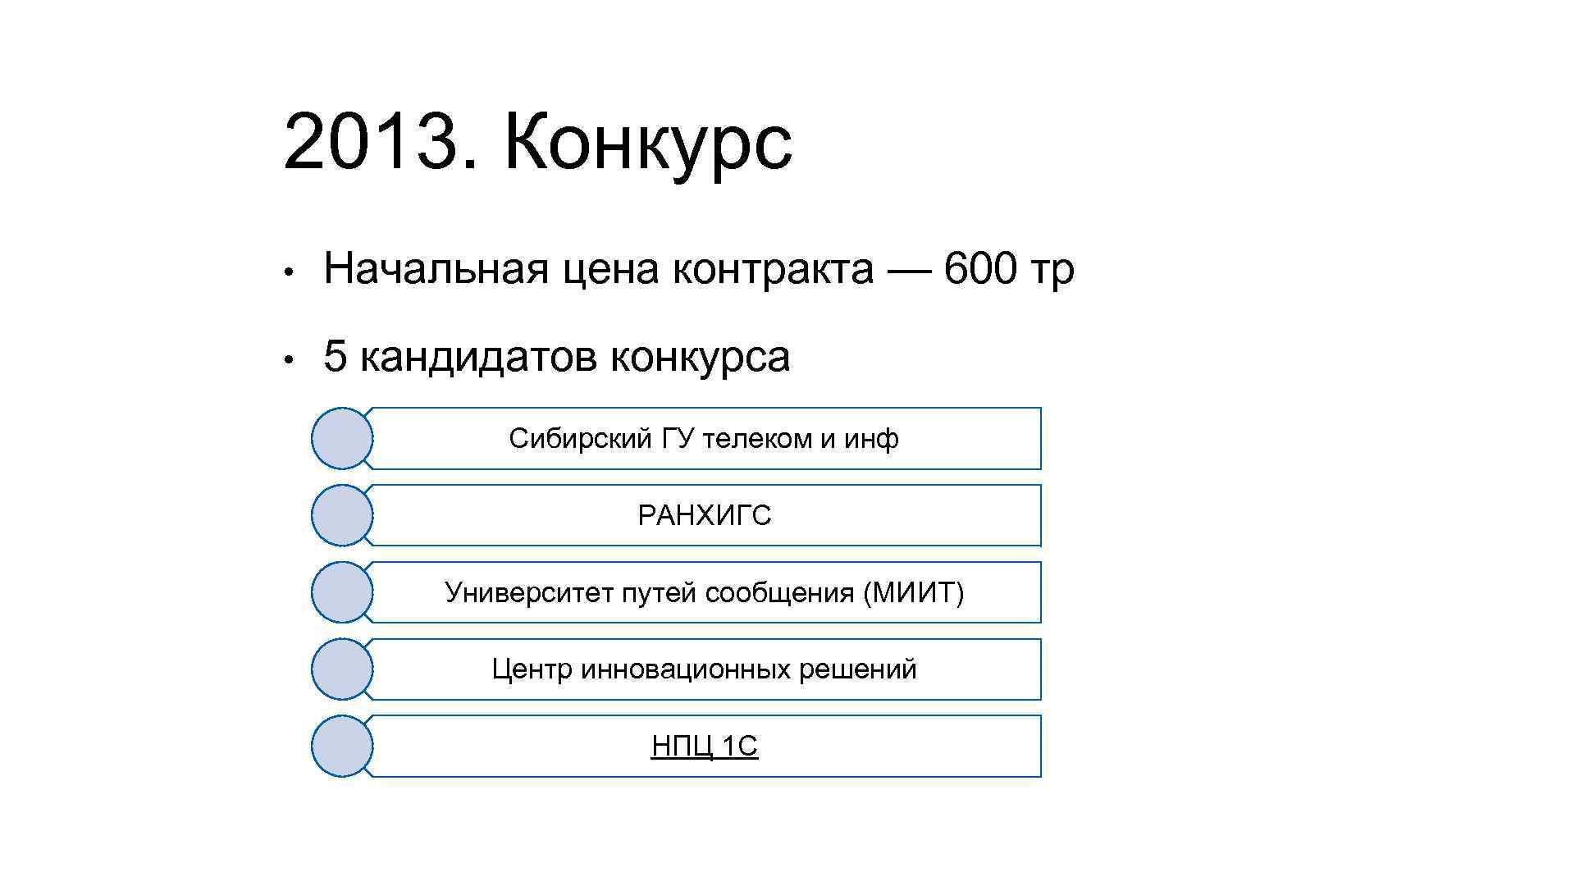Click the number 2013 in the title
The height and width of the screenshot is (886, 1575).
coord(370,143)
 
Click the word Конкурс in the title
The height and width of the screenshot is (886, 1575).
coord(648,144)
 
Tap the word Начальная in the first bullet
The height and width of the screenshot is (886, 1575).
coord(436,269)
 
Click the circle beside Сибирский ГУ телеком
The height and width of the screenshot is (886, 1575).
coord(342,438)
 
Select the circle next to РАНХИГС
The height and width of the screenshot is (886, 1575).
coord(342,515)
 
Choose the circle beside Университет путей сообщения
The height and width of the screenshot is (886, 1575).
coord(342,592)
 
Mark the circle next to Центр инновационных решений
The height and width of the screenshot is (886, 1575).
coord(342,669)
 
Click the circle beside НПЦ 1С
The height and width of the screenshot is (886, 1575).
coord(342,746)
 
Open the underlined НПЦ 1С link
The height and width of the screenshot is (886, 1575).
coord(704,747)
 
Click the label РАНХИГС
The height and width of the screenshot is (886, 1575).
coord(704,516)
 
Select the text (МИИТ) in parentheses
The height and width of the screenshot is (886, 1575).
coord(913,592)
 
